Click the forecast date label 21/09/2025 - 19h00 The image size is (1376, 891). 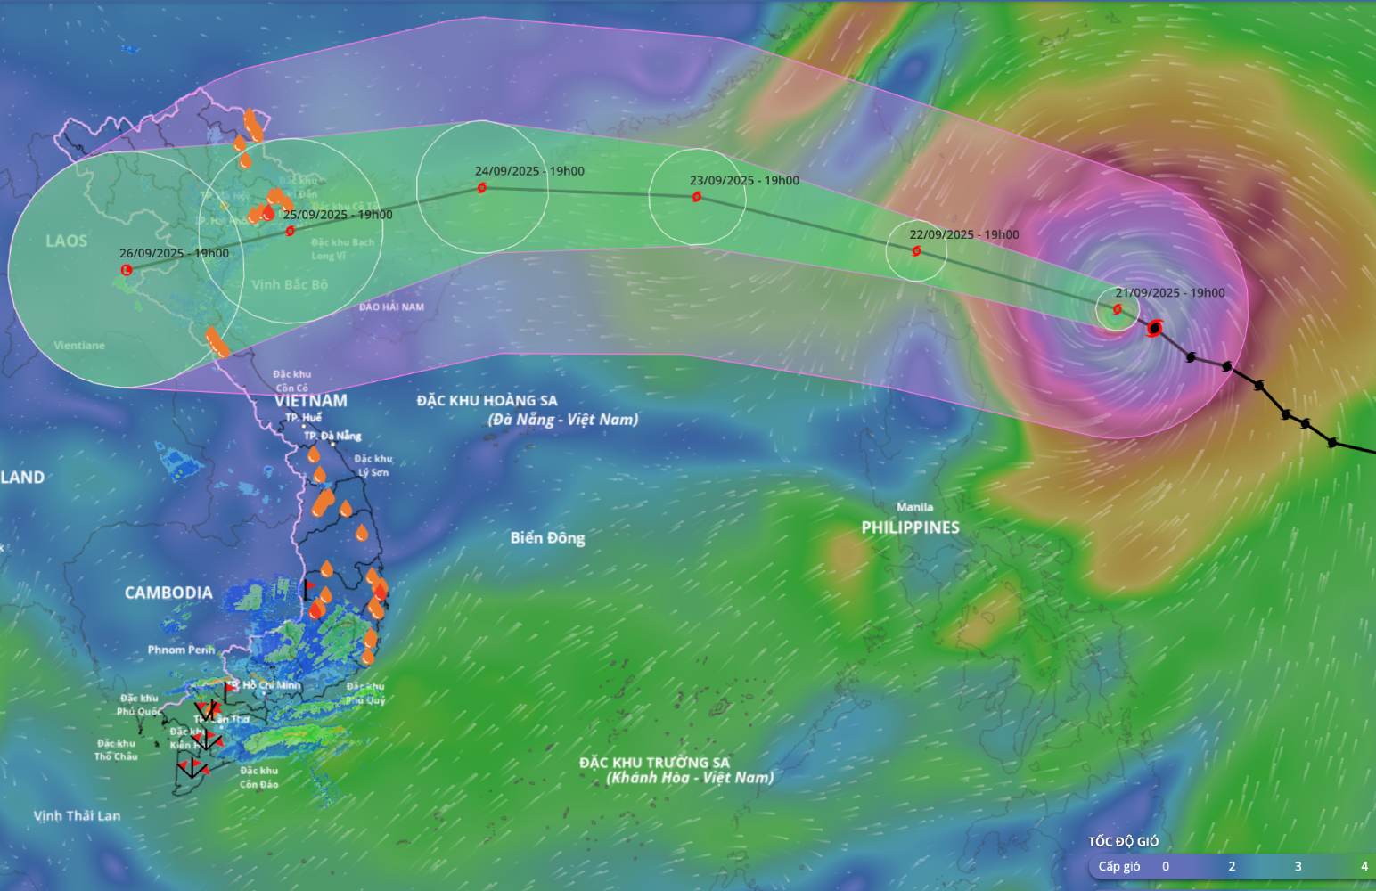pyautogui.click(x=1170, y=292)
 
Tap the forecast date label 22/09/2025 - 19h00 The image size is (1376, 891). pyautogui.click(x=964, y=234)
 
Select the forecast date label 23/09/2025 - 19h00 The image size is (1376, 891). pyautogui.click(x=744, y=180)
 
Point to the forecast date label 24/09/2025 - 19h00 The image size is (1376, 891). pyautogui.click(x=529, y=171)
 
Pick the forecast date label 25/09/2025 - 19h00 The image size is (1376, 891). pyautogui.click(x=338, y=214)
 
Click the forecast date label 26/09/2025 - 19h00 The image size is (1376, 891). pyautogui.click(x=174, y=253)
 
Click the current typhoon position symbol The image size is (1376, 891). pyautogui.click(x=1155, y=329)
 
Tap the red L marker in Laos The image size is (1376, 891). pyautogui.click(x=126, y=270)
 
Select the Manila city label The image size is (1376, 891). pyautogui.click(x=914, y=507)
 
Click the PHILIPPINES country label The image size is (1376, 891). pyautogui.click(x=910, y=527)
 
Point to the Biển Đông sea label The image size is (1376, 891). pyautogui.click(x=547, y=538)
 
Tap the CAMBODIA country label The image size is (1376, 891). pyautogui.click(x=168, y=593)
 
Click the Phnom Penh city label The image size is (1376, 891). pyautogui.click(x=181, y=650)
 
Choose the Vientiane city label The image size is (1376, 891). pyautogui.click(x=79, y=346)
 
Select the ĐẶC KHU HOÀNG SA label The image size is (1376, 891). pyautogui.click(x=487, y=401)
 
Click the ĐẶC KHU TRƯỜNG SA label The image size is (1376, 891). pyautogui.click(x=654, y=763)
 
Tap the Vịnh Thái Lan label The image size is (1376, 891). pyautogui.click(x=77, y=815)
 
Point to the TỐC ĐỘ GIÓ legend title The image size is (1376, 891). pyautogui.click(x=1123, y=841)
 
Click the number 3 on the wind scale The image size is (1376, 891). pyautogui.click(x=1298, y=866)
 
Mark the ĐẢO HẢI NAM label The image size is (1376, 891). pyautogui.click(x=391, y=307)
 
